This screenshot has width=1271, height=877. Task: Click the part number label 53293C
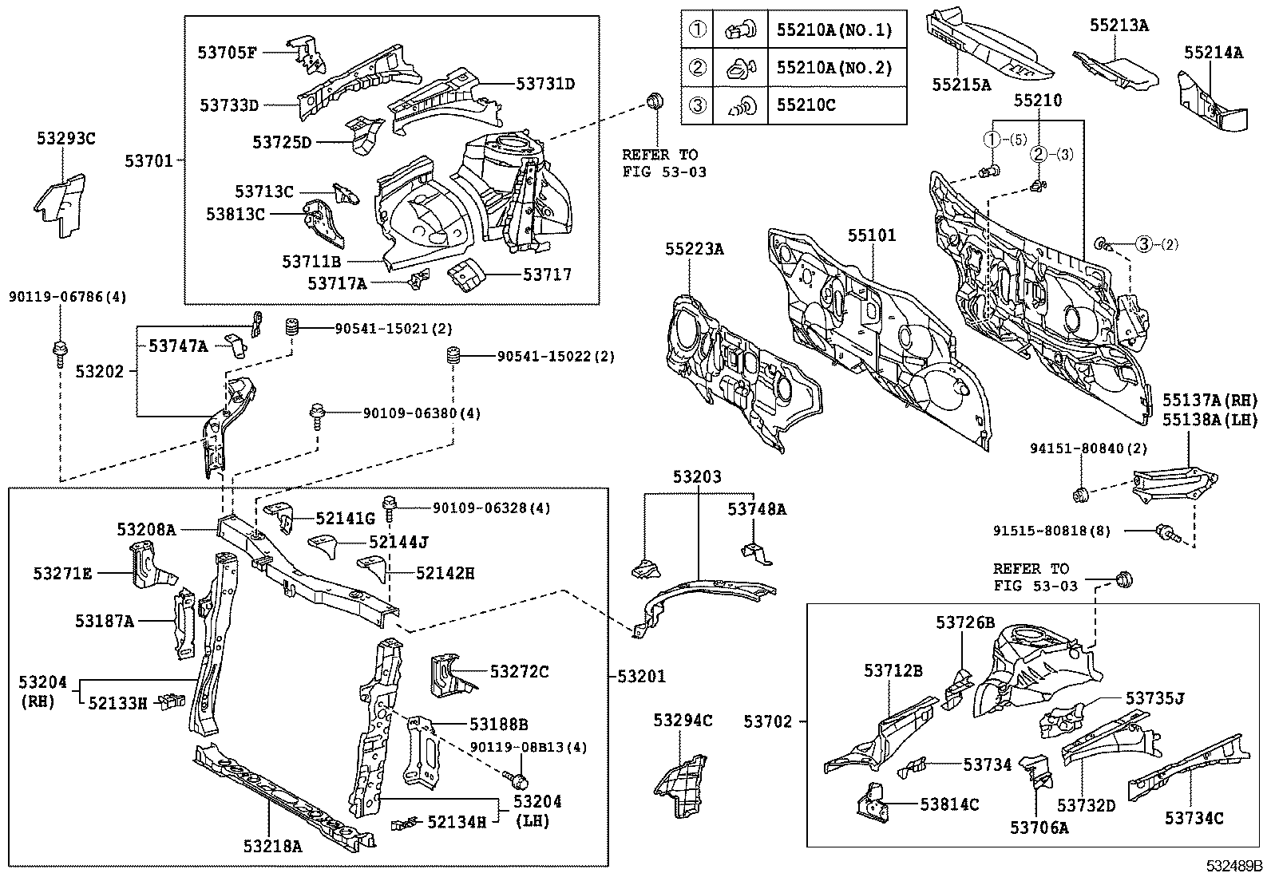65,138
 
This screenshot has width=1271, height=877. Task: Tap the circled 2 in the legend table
698,68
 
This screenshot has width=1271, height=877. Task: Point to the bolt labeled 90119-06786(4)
60,350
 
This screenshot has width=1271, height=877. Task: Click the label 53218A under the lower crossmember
273,847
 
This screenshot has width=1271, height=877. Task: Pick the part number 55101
872,235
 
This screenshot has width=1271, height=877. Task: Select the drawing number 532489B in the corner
1234,866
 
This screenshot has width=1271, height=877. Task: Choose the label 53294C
683,721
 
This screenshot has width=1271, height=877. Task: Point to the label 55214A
1213,53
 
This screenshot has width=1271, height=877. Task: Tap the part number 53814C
949,804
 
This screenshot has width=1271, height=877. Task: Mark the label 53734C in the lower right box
1194,818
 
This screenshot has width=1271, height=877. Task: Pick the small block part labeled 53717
467,276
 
